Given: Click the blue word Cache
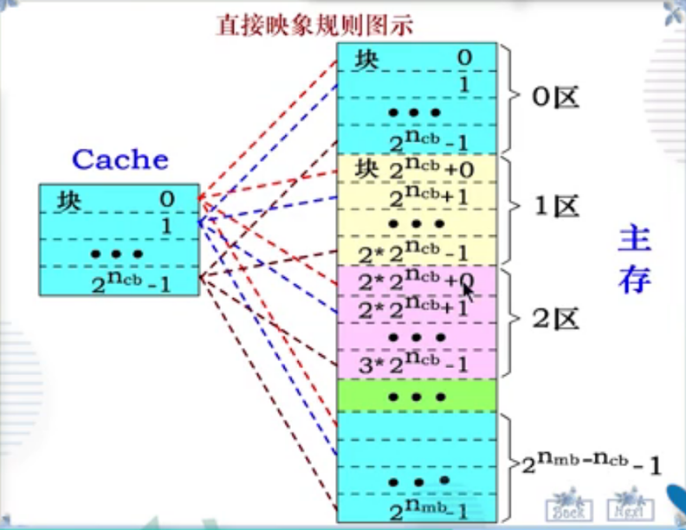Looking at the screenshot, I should pyautogui.click(x=120, y=159).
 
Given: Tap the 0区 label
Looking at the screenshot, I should pyautogui.click(x=554, y=97).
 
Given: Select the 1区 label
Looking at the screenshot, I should pyautogui.click(x=554, y=207).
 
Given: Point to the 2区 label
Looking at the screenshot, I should pyautogui.click(x=554, y=320).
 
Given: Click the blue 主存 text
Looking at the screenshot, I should pyautogui.click(x=635, y=260).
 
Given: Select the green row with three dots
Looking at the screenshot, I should pyautogui.click(x=416, y=396).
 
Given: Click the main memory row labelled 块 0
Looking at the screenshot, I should pyautogui.click(x=416, y=57).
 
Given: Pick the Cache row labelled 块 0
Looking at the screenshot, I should pyautogui.click(x=119, y=198).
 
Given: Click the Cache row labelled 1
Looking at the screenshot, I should pyautogui.click(x=119, y=225).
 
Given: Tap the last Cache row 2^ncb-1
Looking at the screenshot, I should pyautogui.click(x=119, y=281).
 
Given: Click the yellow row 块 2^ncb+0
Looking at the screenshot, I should pyautogui.click(x=416, y=170).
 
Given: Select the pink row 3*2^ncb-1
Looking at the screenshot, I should pyautogui.click(x=416, y=364).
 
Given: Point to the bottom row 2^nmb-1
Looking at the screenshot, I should pyautogui.click(x=416, y=506).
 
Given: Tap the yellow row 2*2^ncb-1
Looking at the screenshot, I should pyautogui.click(x=416, y=253).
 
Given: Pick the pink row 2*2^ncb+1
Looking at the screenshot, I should pyautogui.click(x=416, y=307).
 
